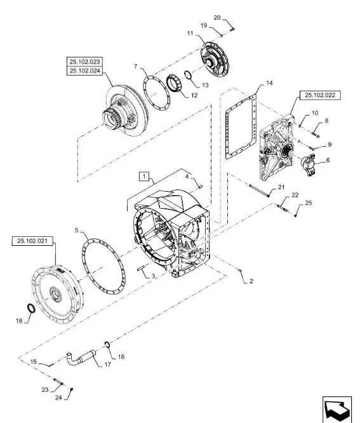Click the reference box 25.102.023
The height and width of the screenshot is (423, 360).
(84, 62)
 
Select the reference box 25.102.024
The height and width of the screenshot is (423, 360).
(84, 70)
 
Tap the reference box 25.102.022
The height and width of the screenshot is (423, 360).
(320, 95)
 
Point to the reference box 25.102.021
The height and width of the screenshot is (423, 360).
(32, 241)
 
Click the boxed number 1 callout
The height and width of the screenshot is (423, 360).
(144, 177)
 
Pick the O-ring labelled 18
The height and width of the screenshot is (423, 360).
(31, 308)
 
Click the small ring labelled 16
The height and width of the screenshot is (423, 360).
(107, 344)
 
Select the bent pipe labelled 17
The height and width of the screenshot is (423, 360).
(81, 358)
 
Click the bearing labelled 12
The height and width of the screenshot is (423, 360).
(174, 84)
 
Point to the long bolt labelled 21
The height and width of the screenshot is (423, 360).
(259, 190)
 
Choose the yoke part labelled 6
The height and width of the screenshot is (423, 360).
(308, 164)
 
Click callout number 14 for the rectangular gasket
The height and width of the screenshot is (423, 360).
(269, 83)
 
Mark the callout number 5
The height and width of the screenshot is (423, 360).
(77, 230)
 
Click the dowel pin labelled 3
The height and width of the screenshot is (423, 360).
(141, 269)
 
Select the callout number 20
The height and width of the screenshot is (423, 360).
(217, 18)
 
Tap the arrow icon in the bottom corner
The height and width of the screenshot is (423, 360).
(337, 410)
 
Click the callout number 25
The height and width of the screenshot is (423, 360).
(309, 203)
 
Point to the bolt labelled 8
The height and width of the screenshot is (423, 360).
(315, 133)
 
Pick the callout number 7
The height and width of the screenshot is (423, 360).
(136, 66)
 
